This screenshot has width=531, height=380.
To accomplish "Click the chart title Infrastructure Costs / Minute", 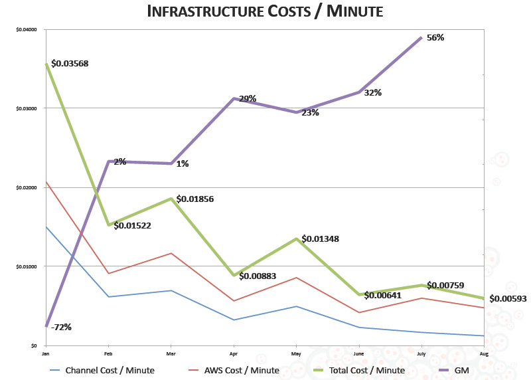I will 265,11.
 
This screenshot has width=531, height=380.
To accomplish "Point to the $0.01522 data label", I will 133,225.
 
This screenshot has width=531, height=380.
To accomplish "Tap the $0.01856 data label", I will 195,199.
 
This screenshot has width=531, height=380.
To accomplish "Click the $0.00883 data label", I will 258,276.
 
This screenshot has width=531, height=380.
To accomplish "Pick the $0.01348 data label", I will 321,238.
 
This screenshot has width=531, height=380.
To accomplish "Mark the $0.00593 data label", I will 508,298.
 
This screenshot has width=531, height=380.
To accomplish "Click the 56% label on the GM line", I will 435,38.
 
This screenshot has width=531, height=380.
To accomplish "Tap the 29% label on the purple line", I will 248,99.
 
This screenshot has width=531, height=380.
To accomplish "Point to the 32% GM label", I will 372,92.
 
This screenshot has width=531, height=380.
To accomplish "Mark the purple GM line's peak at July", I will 421,38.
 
